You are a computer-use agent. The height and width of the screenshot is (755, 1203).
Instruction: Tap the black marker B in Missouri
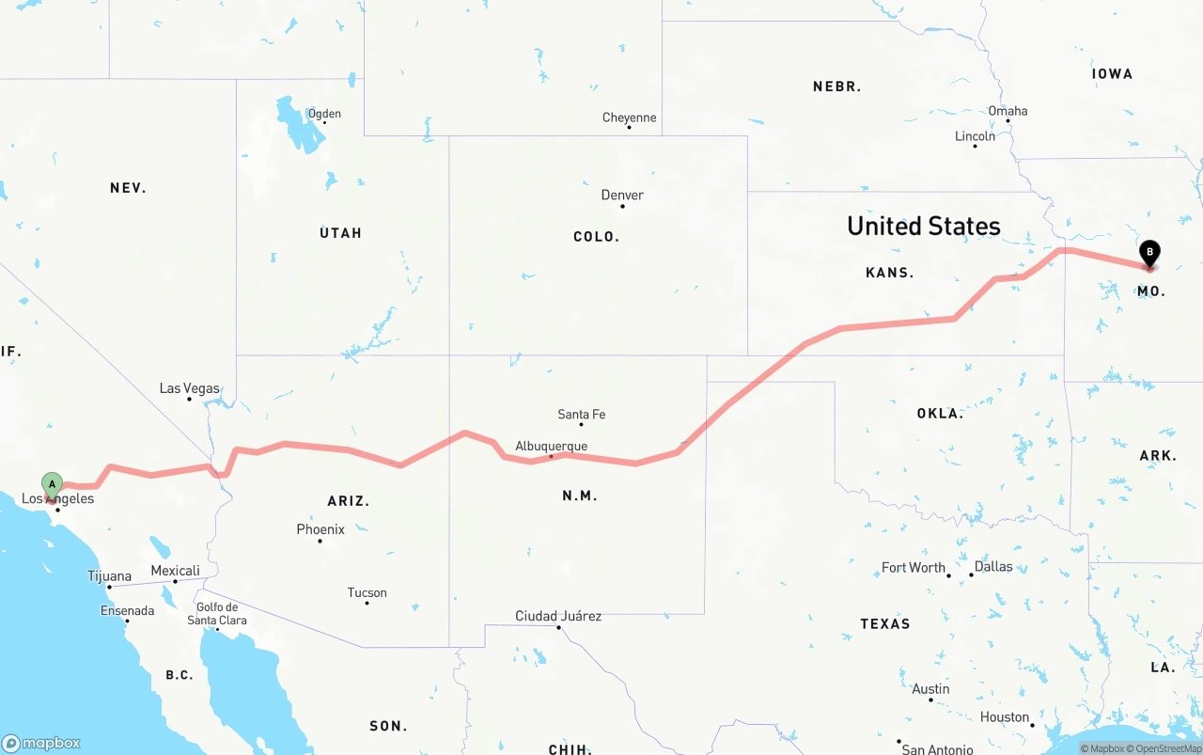1149,253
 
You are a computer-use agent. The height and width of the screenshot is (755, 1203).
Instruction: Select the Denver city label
622,196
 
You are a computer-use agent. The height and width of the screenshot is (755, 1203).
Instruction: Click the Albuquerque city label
552,447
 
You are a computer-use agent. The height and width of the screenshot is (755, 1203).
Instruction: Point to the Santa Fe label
582,414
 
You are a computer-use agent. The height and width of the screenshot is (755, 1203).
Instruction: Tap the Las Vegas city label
190,388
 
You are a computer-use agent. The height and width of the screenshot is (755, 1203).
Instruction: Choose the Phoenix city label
320,529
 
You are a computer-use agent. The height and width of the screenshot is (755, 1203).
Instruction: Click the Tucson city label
367,592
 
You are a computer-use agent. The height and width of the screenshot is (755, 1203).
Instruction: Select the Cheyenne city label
630,118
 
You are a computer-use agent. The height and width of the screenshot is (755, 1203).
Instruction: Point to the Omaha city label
1008,111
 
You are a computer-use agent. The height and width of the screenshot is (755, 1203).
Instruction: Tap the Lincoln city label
975,136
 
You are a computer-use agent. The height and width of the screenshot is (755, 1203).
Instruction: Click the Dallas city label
993,566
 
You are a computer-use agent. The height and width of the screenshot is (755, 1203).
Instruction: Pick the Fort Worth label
914,567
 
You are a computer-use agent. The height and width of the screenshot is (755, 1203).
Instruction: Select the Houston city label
1005,716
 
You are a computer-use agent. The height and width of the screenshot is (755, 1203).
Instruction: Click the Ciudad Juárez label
558,616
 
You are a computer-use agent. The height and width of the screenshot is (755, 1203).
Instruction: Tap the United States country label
923,226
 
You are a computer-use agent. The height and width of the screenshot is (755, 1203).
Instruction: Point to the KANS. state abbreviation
889,273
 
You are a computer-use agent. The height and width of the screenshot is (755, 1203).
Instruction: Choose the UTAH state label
340,233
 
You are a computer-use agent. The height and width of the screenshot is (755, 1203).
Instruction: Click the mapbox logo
41,743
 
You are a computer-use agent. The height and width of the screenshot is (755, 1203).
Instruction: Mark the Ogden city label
324,114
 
